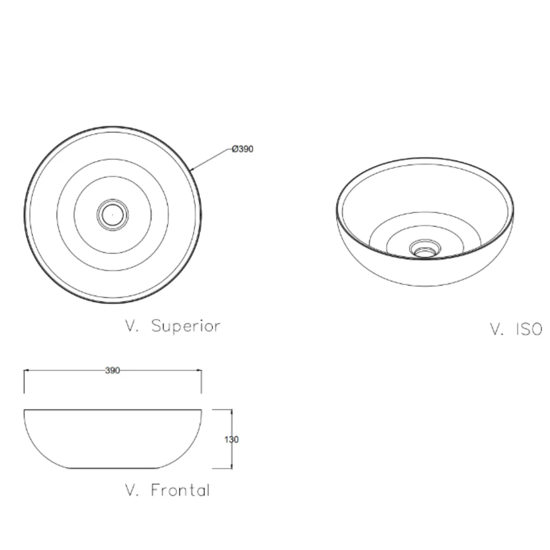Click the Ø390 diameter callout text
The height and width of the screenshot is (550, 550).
click(242, 149)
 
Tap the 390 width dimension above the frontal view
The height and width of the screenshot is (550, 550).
click(113, 371)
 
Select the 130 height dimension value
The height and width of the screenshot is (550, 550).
click(231, 439)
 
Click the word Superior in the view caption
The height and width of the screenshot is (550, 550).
click(186, 326)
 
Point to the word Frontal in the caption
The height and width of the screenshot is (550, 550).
click(180, 490)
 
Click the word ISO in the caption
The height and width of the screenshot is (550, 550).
click(529, 329)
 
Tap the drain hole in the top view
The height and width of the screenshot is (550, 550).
click(113, 214)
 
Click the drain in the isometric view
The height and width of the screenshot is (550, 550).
click(425, 249)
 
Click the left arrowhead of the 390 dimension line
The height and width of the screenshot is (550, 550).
click(27, 371)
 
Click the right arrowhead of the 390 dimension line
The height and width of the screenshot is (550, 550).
click(198, 371)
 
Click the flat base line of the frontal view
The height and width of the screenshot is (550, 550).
click(113, 468)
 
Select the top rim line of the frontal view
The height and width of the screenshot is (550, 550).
click(113, 410)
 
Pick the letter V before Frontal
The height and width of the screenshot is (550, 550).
click(131, 490)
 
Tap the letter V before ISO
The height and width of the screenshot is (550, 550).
click(496, 329)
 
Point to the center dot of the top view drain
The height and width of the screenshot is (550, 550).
click(113, 214)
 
